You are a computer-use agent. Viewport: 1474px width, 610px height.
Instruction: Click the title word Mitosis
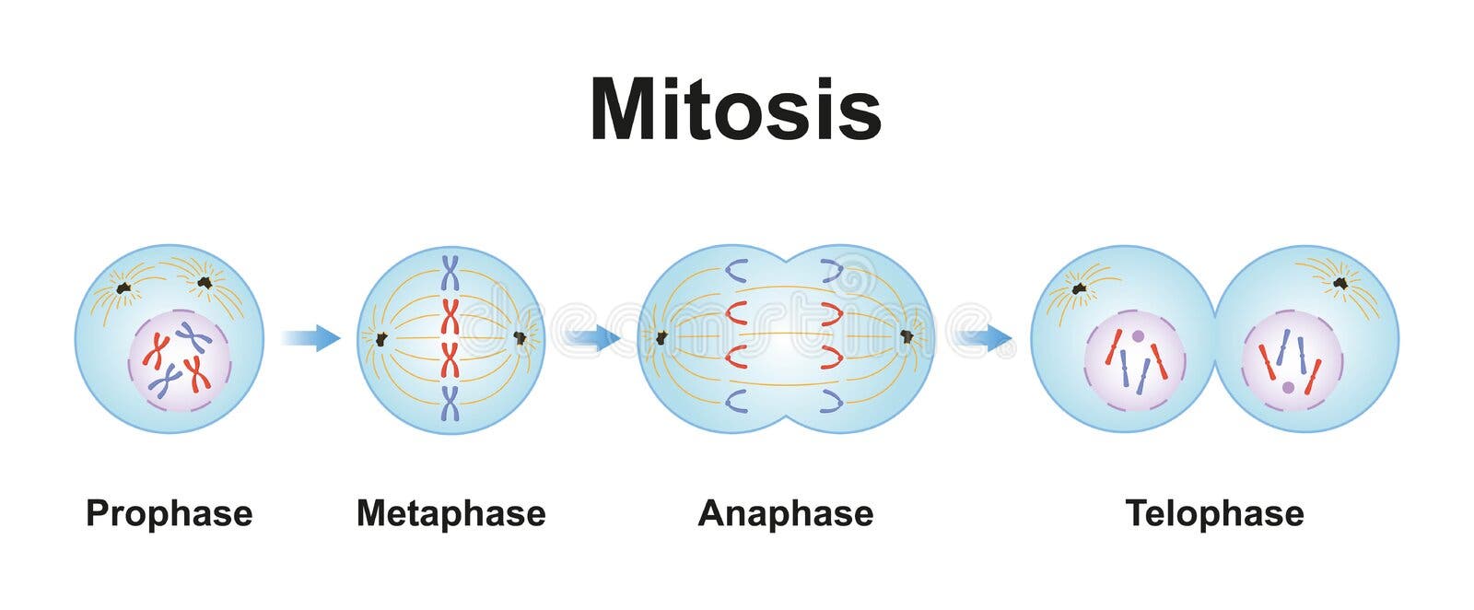click(735, 111)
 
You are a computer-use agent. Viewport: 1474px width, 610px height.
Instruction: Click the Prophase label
click(169, 513)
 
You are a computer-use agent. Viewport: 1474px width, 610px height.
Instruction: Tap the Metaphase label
click(450, 513)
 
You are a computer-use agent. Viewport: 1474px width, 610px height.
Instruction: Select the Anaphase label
click(785, 513)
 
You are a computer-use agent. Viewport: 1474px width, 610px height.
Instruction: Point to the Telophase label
click(1214, 513)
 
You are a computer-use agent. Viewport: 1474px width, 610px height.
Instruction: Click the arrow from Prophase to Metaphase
click(311, 338)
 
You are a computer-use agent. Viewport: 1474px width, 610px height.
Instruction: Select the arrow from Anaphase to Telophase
click(984, 339)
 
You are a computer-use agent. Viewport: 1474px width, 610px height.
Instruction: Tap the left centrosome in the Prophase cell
click(123, 288)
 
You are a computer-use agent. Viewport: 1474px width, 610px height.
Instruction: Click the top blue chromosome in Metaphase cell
click(450, 273)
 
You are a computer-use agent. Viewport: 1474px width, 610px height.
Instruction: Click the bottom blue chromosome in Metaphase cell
click(450, 404)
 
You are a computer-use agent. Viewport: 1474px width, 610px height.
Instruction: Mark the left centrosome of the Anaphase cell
click(661, 338)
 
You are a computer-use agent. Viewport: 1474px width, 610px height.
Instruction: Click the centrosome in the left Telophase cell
click(1079, 288)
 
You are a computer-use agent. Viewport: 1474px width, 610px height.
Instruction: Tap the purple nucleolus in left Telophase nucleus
click(1139, 337)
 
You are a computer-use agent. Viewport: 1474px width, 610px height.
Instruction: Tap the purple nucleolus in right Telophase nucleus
click(1288, 388)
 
